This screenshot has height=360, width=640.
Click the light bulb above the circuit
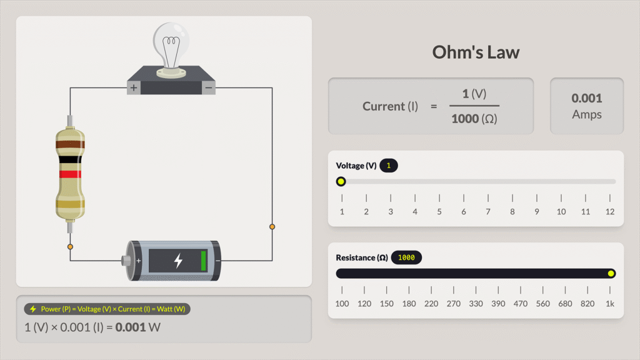click(171, 47)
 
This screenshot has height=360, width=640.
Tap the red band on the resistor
click(69, 174)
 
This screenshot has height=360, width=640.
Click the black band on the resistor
click(69, 160)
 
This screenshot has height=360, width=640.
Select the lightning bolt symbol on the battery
click(178, 260)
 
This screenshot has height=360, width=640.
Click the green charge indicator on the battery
click(204, 260)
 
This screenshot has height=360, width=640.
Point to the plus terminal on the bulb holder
click(133, 88)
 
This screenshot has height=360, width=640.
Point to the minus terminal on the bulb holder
click(209, 88)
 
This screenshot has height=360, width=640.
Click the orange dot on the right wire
click(272, 227)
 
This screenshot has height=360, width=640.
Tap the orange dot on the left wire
click(70, 247)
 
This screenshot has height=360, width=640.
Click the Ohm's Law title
click(476, 52)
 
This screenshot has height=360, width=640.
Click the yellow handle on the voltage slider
click(341, 182)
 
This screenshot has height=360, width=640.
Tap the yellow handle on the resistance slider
click(611, 274)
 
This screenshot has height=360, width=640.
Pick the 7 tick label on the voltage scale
click(487, 212)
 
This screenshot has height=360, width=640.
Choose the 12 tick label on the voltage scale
click(610, 212)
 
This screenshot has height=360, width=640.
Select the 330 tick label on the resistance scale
click(476, 304)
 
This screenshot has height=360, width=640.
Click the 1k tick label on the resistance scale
click(610, 304)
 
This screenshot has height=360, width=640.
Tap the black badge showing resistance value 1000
click(407, 257)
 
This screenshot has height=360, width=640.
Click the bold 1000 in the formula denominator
click(465, 119)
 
